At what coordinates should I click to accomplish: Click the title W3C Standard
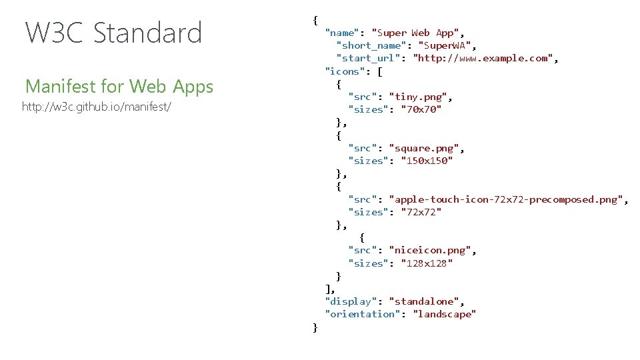113,33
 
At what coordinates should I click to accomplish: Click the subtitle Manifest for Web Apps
119,87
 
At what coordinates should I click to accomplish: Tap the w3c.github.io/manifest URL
97,107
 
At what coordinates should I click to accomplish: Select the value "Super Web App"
417,33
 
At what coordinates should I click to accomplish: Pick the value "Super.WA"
447,45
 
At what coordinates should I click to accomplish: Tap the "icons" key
343,71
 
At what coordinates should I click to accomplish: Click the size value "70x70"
421,109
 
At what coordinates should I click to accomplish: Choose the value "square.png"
426,148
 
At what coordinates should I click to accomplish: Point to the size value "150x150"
427,161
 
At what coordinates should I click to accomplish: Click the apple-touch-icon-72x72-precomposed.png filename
507,199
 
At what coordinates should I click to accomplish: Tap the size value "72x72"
421,212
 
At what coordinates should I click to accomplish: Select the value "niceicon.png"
432,251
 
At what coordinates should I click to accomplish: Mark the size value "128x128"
427,263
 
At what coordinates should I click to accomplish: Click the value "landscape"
444,314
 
